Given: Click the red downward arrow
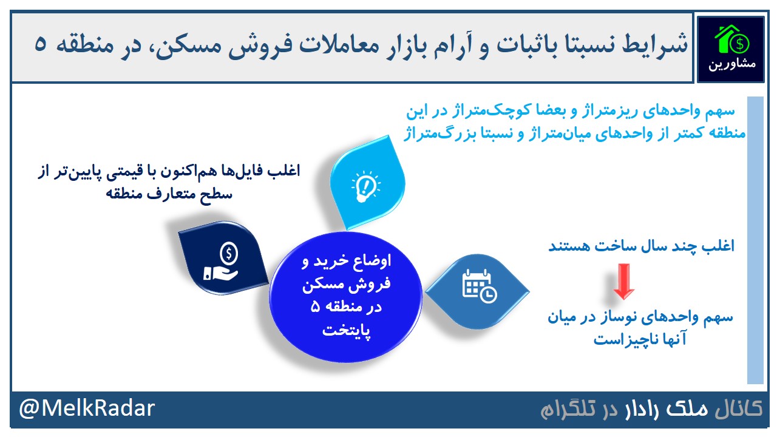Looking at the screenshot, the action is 623,281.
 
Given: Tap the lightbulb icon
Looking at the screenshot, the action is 365,186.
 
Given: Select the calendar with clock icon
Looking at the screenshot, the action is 480,286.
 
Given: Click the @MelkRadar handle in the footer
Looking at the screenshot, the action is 87,408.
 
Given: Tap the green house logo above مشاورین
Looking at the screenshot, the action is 731,39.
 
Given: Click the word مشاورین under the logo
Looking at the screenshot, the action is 732,64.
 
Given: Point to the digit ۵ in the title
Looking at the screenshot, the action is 40,45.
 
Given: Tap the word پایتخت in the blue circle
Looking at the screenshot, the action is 347,330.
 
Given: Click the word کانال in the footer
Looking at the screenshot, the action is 739,408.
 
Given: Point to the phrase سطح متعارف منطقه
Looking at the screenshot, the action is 169,194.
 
